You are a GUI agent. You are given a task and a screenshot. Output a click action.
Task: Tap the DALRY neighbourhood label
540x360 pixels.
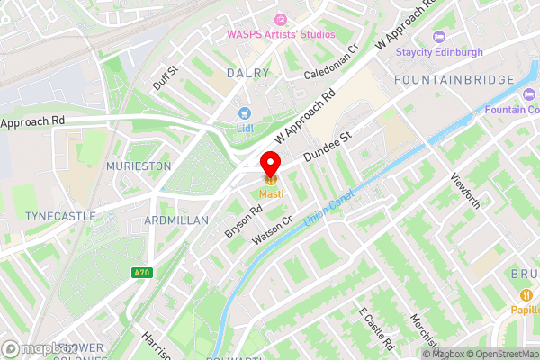point(248,73)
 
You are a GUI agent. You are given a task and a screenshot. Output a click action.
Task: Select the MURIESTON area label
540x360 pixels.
point(138,167)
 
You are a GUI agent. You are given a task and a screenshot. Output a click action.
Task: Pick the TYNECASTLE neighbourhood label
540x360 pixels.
point(54,217)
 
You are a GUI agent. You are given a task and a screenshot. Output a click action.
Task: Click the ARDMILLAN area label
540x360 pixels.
point(175,220)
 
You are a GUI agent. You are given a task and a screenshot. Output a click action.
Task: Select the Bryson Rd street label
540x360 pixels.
point(244,221)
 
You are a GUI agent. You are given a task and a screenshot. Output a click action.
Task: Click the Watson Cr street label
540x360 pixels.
point(274,229)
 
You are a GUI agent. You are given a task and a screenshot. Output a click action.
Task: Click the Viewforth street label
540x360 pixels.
point(466,191)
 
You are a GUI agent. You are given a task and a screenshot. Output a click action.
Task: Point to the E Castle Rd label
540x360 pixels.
point(376,330)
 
